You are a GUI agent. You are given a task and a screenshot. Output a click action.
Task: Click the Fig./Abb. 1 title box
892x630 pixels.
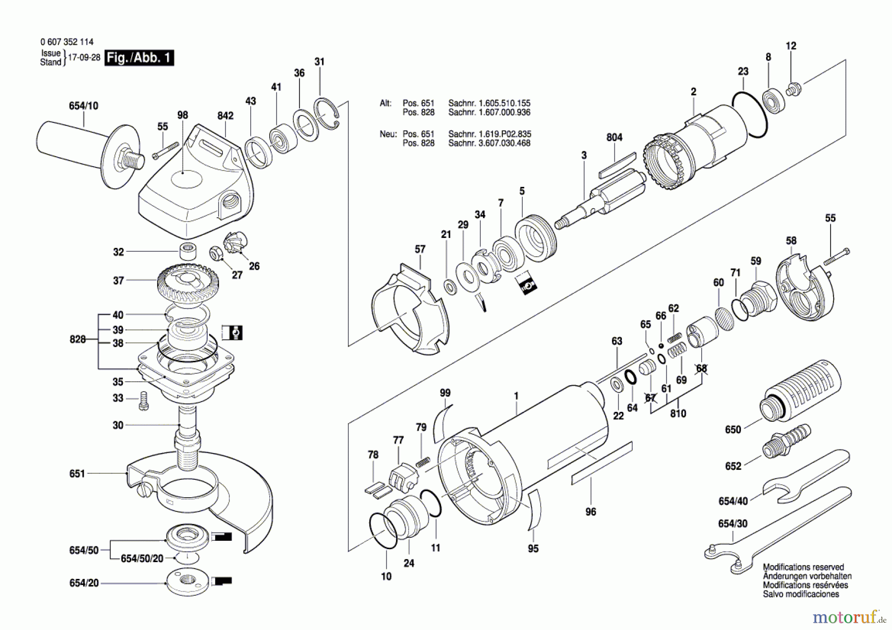[139, 58]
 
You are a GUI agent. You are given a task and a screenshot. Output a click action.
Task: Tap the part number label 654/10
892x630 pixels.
[83, 106]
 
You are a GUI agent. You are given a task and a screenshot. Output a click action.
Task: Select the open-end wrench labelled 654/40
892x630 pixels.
[806, 480]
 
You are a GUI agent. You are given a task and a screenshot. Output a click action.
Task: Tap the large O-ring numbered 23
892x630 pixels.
[749, 115]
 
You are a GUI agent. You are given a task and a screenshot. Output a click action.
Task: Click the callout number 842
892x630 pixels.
[225, 115]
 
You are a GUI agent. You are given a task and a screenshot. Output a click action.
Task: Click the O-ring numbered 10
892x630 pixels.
[383, 531]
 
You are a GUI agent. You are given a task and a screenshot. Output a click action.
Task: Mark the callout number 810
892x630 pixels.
[677, 413]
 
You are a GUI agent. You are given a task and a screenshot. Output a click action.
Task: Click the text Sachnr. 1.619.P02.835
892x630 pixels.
[489, 134]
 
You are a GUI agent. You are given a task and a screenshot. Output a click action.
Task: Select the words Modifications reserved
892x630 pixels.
[803, 567]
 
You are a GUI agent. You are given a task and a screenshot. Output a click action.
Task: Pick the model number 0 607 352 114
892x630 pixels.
[67, 42]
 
